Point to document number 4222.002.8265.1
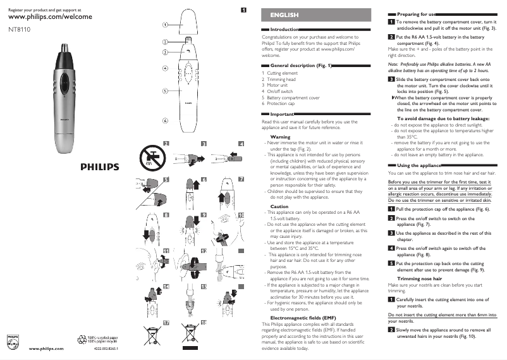[x=106, y=349]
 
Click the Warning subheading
[x=280, y=137]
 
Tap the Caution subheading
[x=279, y=206]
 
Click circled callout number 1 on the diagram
[x=164, y=25]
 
